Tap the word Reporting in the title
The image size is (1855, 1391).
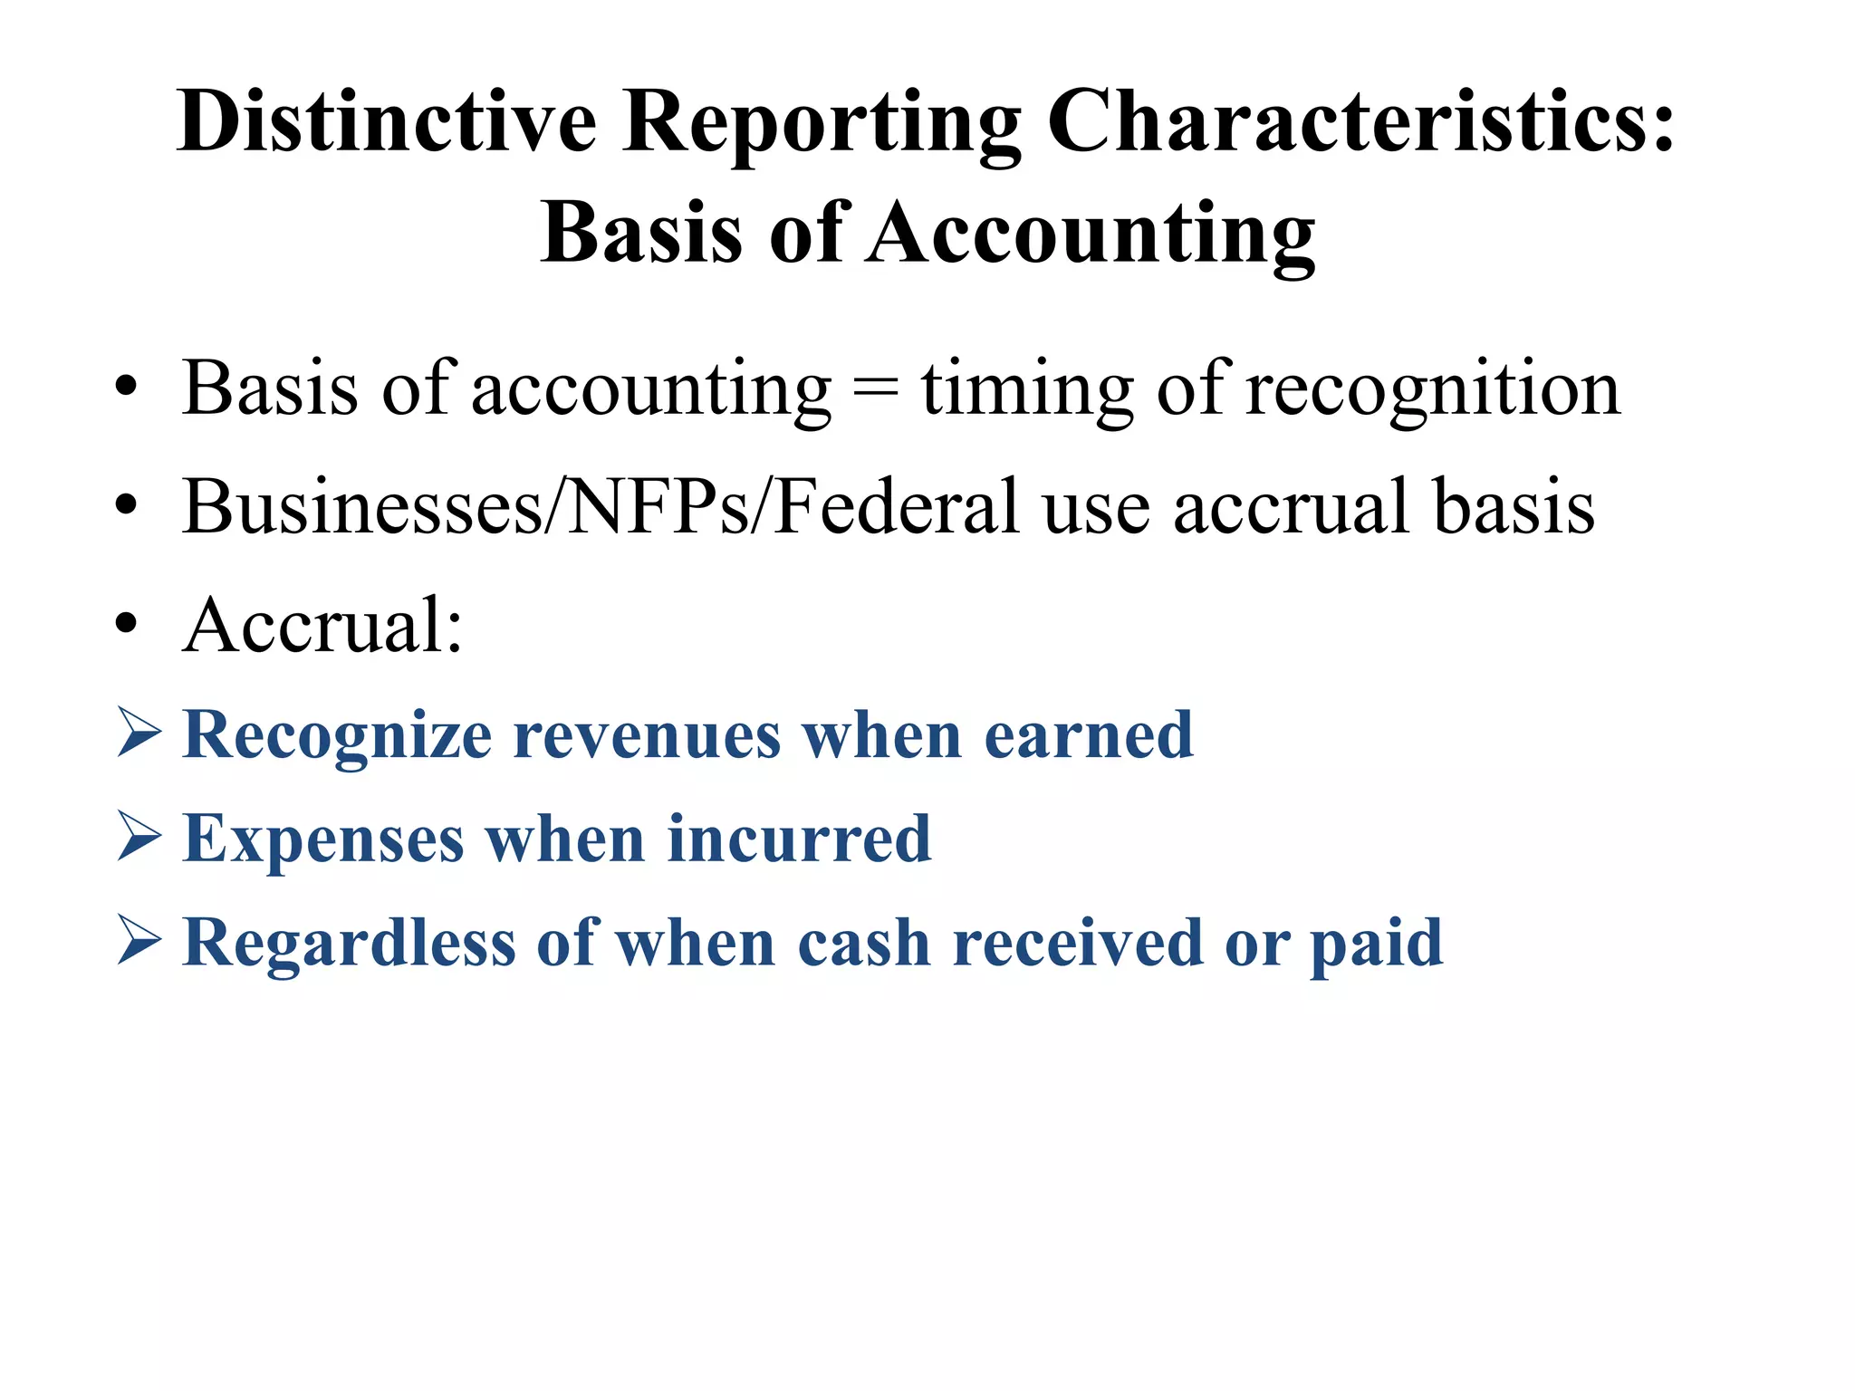(822, 124)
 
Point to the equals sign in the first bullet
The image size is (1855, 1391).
(876, 389)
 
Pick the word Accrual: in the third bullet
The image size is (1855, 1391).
(322, 625)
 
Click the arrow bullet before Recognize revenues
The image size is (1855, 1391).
(139, 734)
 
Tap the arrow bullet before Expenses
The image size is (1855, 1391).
(139, 838)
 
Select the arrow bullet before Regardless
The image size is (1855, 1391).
(139, 942)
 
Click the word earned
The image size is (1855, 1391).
(1088, 734)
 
